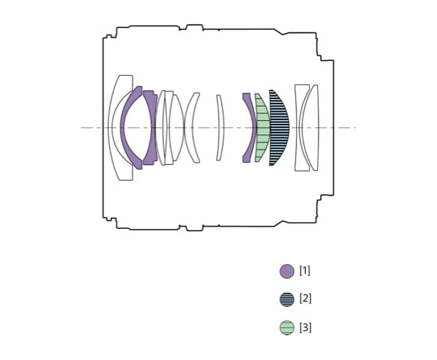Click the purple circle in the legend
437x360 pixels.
(287, 271)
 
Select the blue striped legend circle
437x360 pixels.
(287, 299)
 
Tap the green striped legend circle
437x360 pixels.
(287, 328)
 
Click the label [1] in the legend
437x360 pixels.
(304, 271)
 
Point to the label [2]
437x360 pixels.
(305, 298)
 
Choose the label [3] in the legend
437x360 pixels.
(305, 327)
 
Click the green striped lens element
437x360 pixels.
(263, 127)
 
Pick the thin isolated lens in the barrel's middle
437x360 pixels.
(220, 127)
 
